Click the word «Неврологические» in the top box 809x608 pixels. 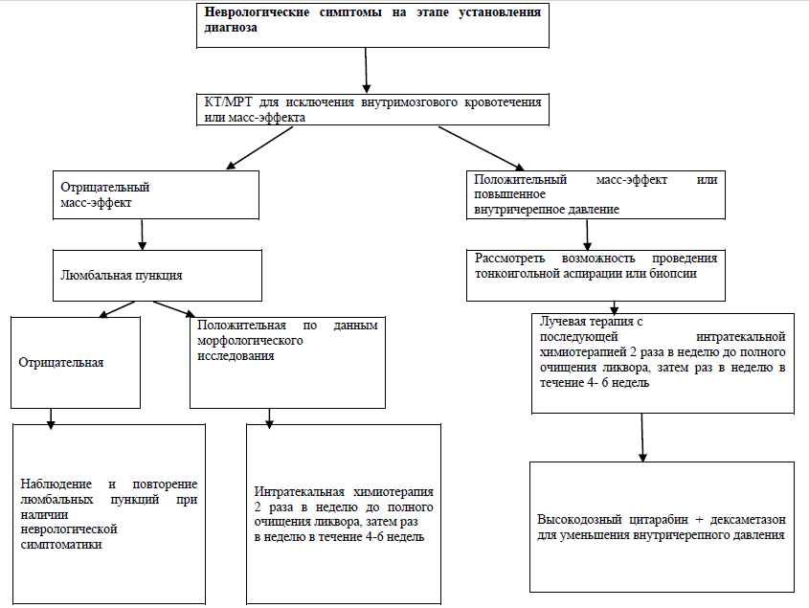click(257, 12)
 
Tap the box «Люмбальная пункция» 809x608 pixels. click(157, 276)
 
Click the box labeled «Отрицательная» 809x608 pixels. click(76, 362)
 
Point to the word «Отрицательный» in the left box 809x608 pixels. click(104, 187)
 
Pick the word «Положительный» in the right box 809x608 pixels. click(520, 180)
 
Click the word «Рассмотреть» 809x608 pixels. click(509, 259)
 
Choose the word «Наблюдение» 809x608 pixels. click(56, 484)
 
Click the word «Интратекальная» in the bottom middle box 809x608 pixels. click(300, 492)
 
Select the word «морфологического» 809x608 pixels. click(250, 341)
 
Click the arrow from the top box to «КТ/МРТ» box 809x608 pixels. click(366, 70)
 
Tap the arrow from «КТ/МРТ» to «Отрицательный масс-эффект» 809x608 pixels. click(259, 147)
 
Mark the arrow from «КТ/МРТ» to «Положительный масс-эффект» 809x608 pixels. click(482, 148)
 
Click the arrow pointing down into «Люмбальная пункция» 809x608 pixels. click(142, 235)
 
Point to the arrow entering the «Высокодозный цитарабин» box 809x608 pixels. click(642, 438)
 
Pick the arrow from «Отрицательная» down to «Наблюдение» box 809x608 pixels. click(51, 419)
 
